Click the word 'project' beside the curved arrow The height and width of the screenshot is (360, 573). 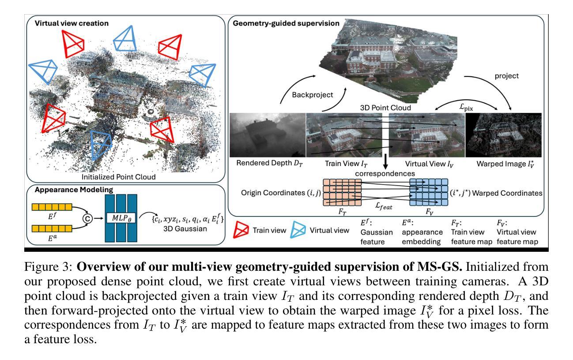click(507, 76)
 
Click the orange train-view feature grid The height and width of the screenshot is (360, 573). click(342, 192)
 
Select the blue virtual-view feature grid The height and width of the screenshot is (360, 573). click(429, 192)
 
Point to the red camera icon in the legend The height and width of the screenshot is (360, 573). click(240, 230)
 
